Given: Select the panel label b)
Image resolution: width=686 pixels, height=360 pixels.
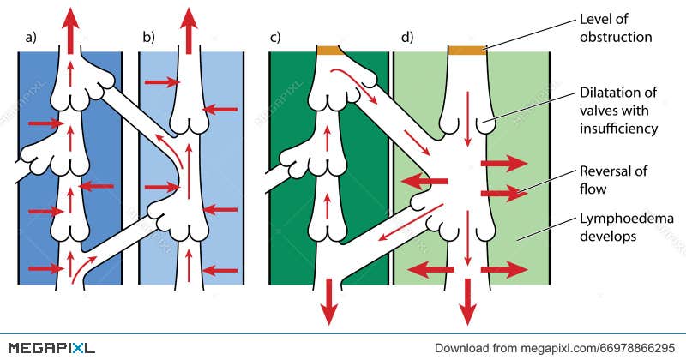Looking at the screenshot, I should (x=148, y=38).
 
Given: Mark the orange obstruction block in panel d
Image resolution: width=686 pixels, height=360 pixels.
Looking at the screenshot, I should (x=467, y=50).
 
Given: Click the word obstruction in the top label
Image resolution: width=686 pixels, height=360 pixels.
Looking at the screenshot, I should (x=616, y=37).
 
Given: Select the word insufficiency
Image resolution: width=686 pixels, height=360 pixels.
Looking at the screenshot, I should (x=618, y=129).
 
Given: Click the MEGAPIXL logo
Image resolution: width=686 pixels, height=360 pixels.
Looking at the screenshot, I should (x=48, y=347).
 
